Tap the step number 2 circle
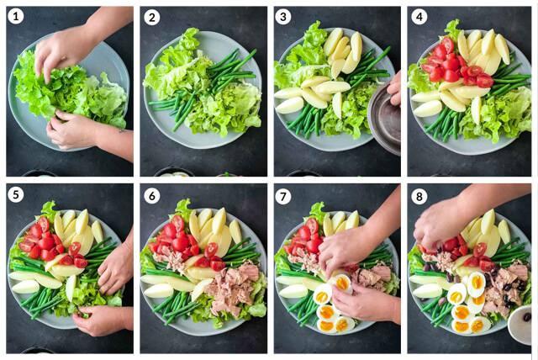(x=151, y=17)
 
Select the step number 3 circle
(x=286, y=17)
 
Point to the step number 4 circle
(x=419, y=17)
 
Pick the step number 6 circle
(x=151, y=194)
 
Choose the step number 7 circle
(x=286, y=194)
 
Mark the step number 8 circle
(x=419, y=194)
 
